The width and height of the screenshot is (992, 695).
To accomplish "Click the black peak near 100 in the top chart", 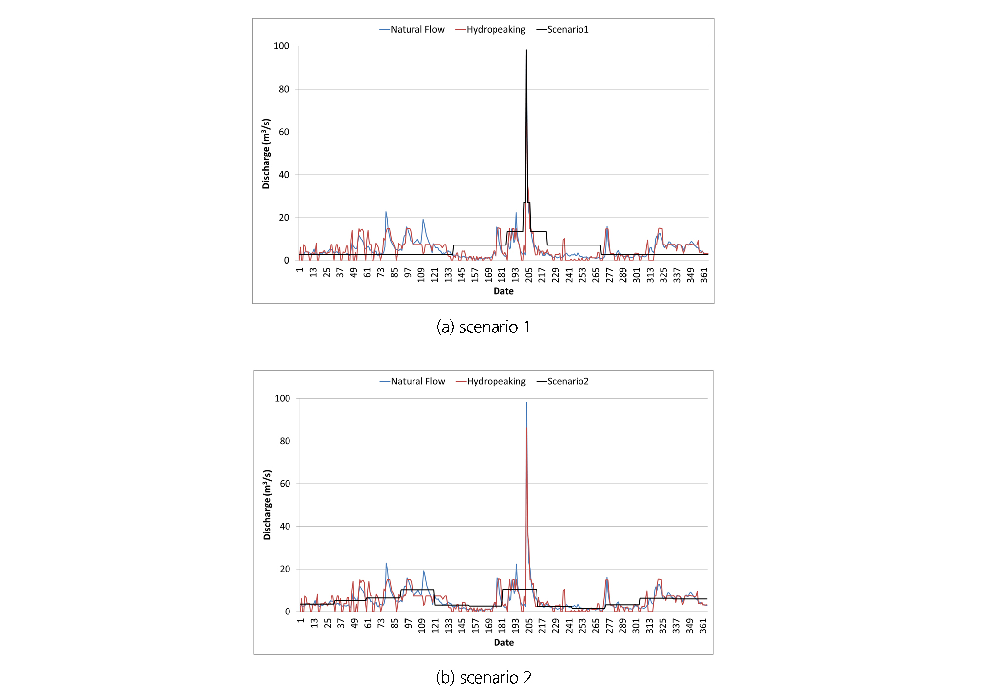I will (526, 50).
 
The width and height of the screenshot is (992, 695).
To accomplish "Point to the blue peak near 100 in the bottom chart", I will (526, 403).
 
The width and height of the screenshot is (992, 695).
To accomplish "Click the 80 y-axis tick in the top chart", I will (284, 89).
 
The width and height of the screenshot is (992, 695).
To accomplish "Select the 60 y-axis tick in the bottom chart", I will (285, 484).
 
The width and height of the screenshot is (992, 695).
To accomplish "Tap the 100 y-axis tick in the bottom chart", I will (282, 398).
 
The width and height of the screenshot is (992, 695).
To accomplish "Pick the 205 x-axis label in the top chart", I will (529, 275).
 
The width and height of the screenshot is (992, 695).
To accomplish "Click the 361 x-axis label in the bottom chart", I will (703, 626).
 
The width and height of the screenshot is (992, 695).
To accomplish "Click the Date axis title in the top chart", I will (503, 291).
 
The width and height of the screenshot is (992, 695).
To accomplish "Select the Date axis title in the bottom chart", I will (503, 642).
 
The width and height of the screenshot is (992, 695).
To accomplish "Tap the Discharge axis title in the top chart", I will (266, 154).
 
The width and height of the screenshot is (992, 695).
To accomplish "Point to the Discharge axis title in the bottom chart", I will (267, 505).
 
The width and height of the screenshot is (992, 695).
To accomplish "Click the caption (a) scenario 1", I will (483, 327).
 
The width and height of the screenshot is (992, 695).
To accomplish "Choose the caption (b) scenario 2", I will (483, 677).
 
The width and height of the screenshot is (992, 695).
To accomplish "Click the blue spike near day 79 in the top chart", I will (386, 212).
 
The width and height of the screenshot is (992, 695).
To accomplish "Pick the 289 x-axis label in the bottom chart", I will (623, 626).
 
